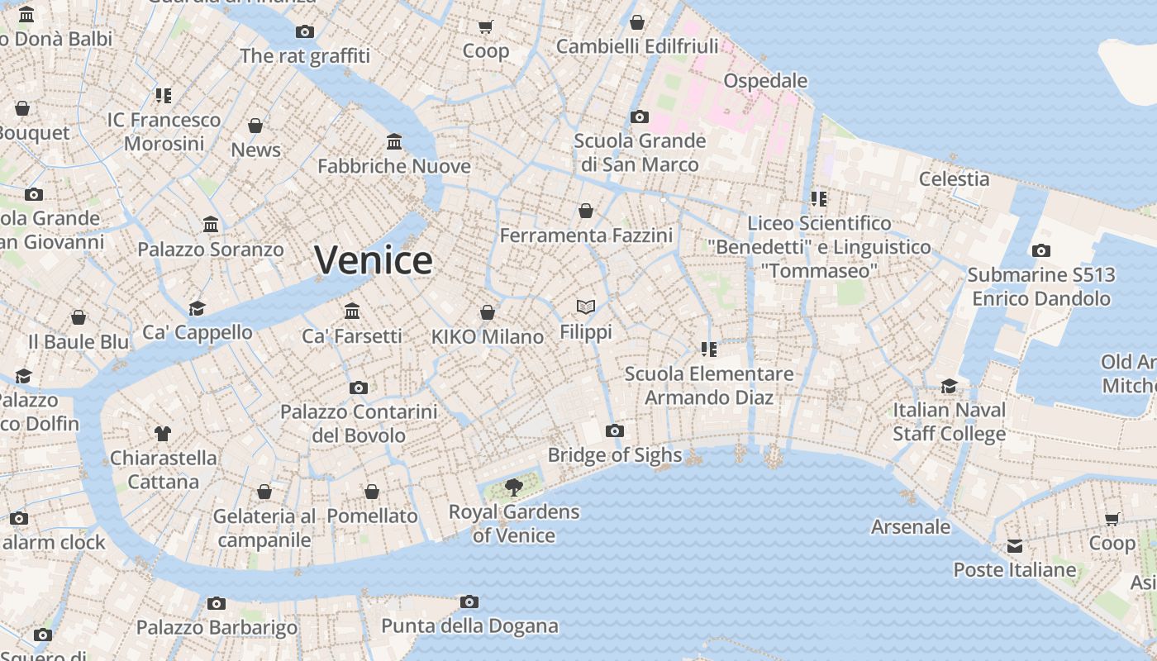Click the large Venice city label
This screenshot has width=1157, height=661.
point(374,260)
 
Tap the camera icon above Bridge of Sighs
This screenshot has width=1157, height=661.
point(614,430)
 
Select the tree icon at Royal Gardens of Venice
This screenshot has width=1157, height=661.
point(513,487)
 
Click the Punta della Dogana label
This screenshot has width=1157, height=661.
point(469,626)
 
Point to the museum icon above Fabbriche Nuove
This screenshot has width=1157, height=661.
point(394,142)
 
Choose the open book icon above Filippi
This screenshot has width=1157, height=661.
point(586,307)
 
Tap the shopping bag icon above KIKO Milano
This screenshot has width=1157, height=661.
point(488,312)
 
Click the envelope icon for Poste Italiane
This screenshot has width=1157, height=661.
point(1015,546)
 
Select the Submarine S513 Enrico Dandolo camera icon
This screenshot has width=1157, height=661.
point(1041,250)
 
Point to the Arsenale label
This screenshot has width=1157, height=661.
point(911,526)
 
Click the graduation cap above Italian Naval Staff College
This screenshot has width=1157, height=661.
point(949,386)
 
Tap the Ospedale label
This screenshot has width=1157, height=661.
point(765,80)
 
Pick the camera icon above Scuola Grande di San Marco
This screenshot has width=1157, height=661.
point(639,117)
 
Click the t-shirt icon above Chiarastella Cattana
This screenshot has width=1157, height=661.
point(162,433)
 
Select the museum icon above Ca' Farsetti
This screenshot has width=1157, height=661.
point(352,311)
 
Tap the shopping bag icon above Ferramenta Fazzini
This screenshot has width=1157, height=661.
point(586,211)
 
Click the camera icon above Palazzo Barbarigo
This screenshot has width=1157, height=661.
point(217,603)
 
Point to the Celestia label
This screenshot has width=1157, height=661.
point(954,178)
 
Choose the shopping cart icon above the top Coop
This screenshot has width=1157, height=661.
point(486,26)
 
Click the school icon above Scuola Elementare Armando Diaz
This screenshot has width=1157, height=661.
point(708,349)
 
